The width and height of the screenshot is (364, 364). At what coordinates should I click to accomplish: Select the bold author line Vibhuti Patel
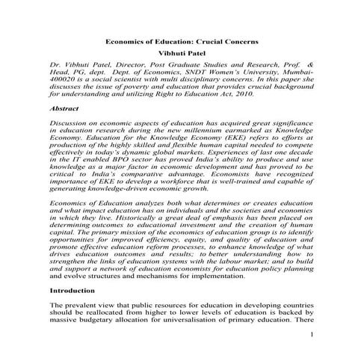click(181, 55)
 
